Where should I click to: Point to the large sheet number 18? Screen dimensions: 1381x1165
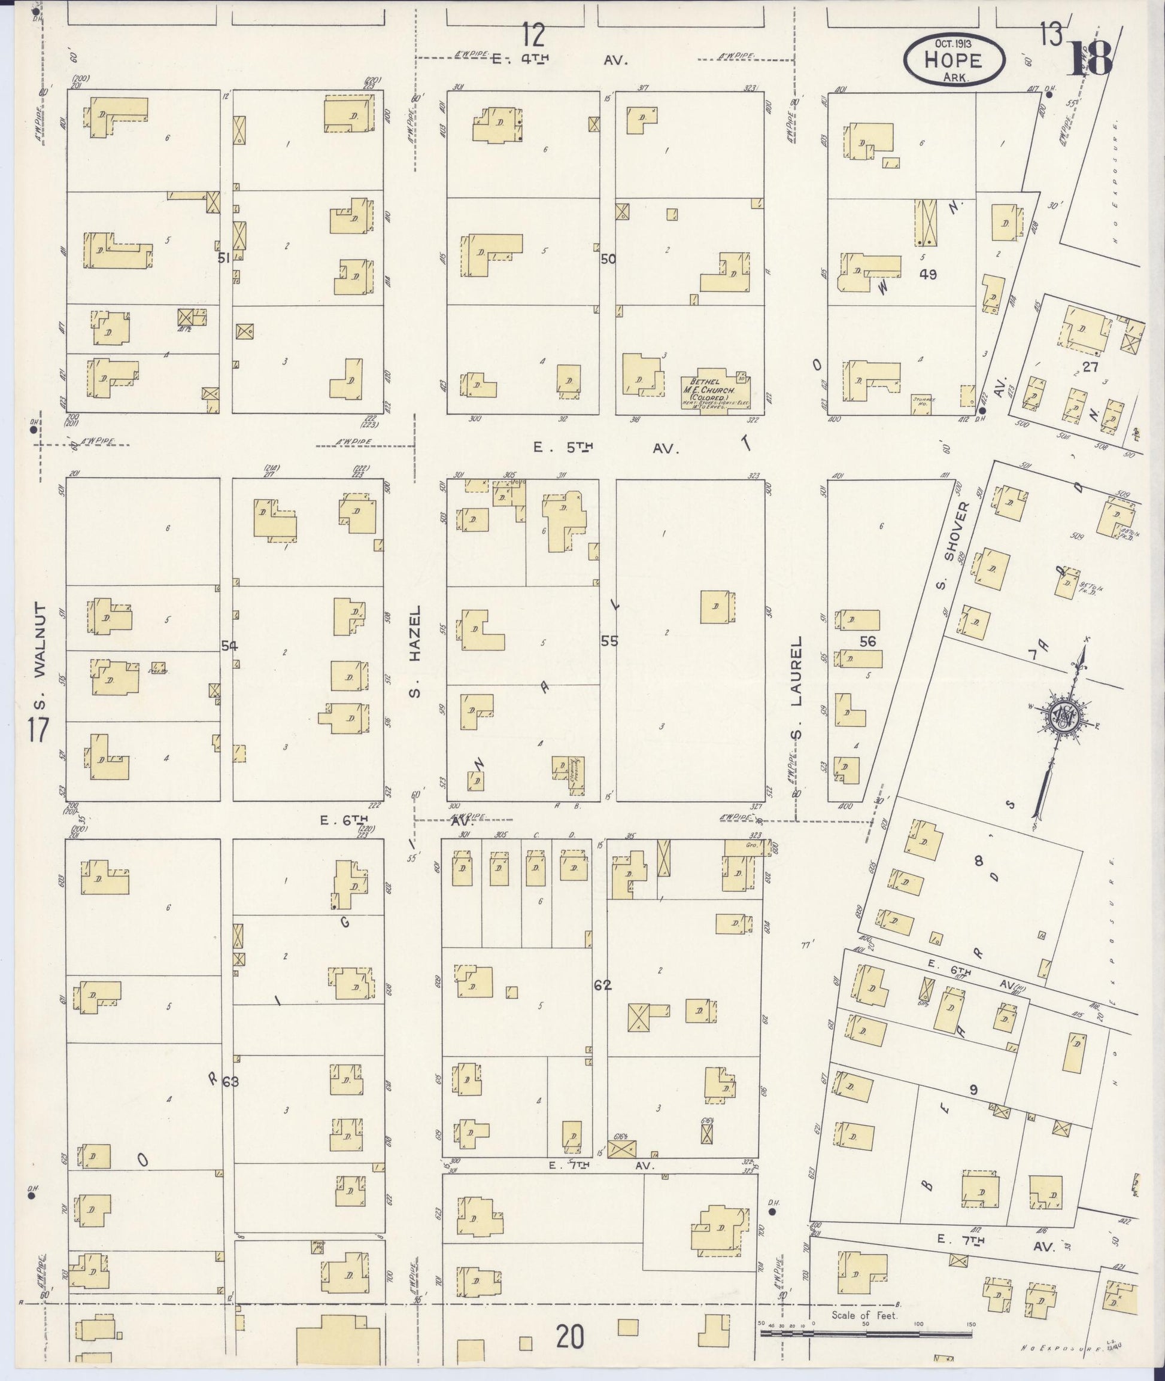click(1090, 59)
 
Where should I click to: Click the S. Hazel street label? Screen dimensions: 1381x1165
click(415, 652)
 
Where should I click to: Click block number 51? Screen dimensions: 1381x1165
click(224, 258)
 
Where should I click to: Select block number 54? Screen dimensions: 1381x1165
click(229, 646)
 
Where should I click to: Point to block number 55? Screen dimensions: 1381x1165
click(609, 640)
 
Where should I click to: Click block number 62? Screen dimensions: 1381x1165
click(602, 985)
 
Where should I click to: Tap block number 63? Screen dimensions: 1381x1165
click(230, 1081)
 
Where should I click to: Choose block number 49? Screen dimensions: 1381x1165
click(927, 274)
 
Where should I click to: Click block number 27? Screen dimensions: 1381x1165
click(1089, 366)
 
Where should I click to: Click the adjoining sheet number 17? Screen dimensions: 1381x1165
click(38, 730)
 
